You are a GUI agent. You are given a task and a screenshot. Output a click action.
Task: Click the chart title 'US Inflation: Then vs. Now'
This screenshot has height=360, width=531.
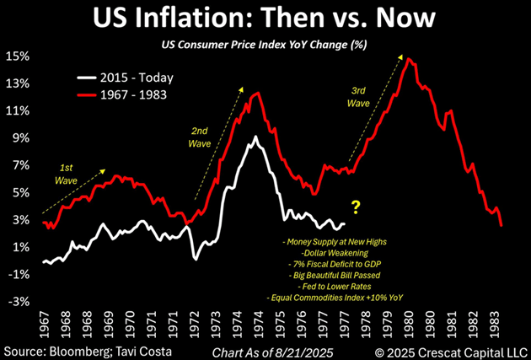point(265,19)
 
